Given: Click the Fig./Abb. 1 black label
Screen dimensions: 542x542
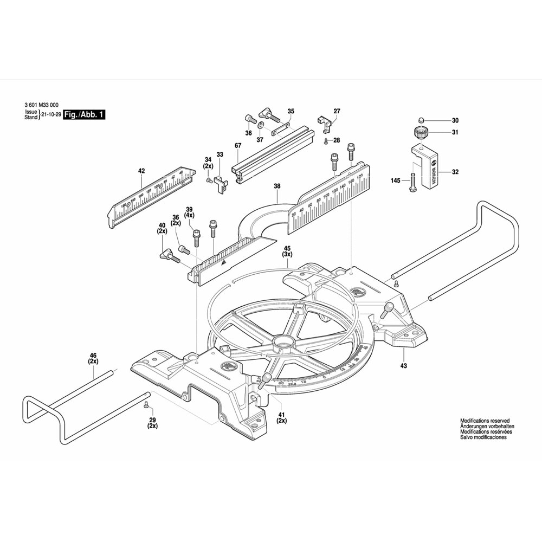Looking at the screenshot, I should [83, 115].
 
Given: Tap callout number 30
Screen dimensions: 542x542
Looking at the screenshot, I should [455, 120].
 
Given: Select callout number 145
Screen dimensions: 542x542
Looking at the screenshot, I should [395, 180].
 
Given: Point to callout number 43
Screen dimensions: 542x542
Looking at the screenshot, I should [403, 365].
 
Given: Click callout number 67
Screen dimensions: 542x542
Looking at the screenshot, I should [238, 146].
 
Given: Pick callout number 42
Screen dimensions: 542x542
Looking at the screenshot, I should [141, 171].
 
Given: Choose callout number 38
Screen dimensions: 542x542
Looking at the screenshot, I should [277, 186].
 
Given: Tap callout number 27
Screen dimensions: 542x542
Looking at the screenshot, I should [337, 111].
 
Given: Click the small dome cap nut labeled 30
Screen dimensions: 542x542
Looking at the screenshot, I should [420, 120].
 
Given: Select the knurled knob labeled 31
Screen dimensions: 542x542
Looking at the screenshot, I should [420, 132].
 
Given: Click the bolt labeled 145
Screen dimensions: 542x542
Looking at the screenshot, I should [412, 181].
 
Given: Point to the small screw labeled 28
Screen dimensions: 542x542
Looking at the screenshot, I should [325, 141].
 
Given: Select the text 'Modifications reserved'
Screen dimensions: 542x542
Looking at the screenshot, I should [485, 421].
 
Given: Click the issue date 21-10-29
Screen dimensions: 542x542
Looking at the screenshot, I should [51, 115].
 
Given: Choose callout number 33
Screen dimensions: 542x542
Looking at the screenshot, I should [220, 154].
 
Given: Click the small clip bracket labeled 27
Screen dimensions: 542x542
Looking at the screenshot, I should [324, 123].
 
